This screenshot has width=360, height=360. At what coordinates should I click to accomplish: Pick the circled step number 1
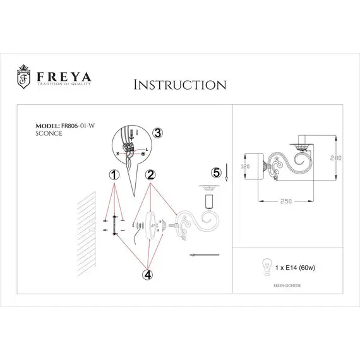114,174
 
